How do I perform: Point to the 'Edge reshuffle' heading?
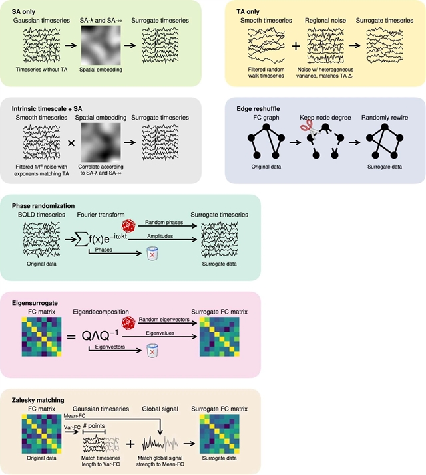tap(261, 107)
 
